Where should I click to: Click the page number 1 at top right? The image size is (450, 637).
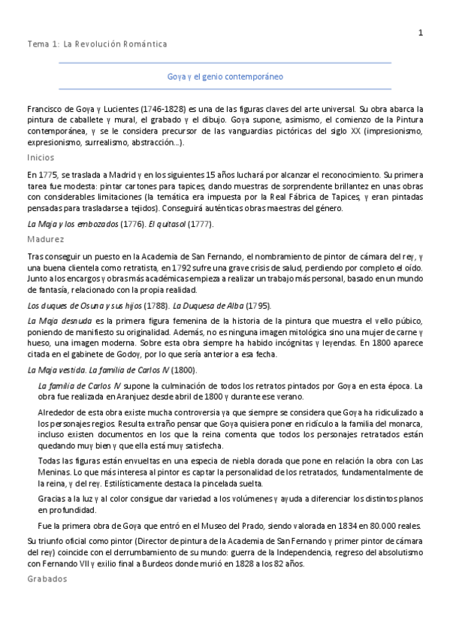421,32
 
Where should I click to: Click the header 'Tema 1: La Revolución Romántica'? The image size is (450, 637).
97,44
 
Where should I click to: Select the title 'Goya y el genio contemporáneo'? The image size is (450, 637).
225,77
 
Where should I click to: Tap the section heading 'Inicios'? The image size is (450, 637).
40,158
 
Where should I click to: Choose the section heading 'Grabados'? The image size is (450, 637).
47,579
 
